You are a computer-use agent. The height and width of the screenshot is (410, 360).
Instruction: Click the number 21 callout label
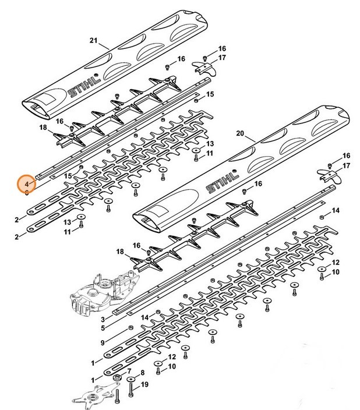(x=93, y=41)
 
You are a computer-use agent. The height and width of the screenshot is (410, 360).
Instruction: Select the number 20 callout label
(x=240, y=133)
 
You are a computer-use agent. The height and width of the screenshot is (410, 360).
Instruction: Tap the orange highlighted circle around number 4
(x=26, y=183)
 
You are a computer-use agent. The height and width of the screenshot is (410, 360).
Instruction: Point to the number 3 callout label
(x=103, y=319)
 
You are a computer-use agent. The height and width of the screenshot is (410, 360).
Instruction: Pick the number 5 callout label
(x=103, y=328)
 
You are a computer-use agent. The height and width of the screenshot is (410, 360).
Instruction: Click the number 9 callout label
(x=103, y=342)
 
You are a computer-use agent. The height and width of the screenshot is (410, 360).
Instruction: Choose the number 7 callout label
(x=129, y=372)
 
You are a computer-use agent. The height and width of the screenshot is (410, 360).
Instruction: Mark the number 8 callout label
(x=143, y=373)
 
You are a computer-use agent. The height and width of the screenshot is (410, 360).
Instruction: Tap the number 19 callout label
(x=144, y=384)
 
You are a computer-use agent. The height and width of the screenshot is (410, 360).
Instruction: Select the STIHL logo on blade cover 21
(x=84, y=86)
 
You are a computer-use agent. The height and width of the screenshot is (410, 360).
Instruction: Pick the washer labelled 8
(x=130, y=379)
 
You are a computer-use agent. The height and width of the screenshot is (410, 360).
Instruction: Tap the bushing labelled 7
(x=117, y=377)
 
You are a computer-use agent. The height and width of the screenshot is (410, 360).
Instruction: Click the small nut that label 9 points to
(x=130, y=328)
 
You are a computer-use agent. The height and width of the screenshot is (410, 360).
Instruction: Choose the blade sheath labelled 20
(x=241, y=169)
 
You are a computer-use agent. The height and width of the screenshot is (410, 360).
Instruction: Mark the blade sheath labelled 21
(x=115, y=64)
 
